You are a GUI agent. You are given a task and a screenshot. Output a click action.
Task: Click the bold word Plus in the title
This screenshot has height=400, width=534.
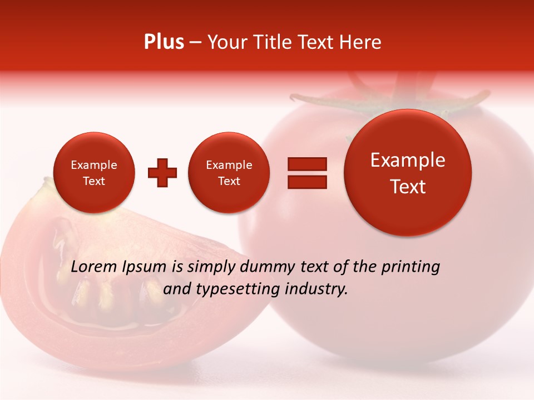(164, 42)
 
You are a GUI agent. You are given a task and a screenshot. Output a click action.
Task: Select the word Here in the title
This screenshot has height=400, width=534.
(360, 42)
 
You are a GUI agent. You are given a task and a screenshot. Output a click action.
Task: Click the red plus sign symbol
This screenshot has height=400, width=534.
(162, 172)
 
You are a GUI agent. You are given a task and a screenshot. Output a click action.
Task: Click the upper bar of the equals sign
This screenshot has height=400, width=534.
(307, 164)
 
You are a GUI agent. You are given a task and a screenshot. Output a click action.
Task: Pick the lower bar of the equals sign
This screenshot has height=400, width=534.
(307, 182)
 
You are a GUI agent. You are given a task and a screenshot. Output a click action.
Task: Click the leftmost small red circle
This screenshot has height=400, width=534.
(94, 172)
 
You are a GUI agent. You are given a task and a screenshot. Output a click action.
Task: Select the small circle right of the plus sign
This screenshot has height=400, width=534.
(229, 172)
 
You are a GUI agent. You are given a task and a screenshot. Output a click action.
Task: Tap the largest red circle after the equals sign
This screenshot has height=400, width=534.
(408, 173)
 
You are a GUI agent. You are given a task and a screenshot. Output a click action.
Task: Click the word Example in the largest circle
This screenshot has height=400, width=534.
(408, 160)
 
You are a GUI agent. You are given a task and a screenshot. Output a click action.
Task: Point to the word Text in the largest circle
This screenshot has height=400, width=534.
(408, 187)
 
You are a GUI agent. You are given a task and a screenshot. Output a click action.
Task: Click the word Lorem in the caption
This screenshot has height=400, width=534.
(94, 267)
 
